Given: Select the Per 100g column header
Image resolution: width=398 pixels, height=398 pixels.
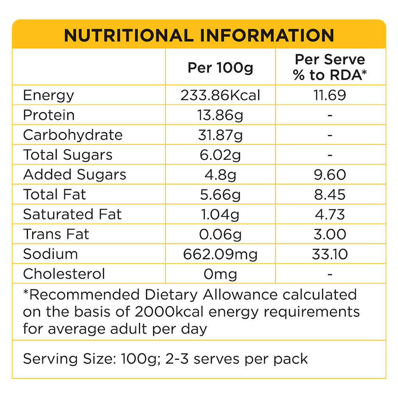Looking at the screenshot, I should (220, 68).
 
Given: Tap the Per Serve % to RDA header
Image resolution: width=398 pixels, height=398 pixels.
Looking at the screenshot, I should (330, 67).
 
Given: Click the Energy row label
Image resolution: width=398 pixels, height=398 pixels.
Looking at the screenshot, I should (48, 95).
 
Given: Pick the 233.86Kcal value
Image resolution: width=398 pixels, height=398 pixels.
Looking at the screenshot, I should (220, 95).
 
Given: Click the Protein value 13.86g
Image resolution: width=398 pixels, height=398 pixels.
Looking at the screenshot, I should (220, 115).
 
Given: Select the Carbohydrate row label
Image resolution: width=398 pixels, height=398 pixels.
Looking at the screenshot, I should (72, 135).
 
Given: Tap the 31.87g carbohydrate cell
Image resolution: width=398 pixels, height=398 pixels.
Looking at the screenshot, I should (220, 135).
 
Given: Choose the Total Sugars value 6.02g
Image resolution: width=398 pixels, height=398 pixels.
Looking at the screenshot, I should (220, 155).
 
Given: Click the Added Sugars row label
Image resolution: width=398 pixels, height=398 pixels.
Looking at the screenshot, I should (75, 174).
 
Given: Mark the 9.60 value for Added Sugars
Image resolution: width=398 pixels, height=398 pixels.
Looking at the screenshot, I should (330, 174).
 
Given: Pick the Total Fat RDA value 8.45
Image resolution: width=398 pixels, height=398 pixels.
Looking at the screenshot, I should (330, 194).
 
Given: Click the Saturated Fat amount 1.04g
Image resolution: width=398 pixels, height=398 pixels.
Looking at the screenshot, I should (220, 214).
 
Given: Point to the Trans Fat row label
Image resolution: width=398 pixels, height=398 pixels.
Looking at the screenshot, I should (56, 234).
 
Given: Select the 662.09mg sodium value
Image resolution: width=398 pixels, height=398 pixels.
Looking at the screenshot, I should (220, 254).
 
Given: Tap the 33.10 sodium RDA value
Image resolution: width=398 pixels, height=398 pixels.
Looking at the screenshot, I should (330, 254).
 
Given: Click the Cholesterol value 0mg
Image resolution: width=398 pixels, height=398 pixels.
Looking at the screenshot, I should (220, 274).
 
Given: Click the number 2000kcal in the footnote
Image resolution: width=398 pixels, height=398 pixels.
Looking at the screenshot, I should (160, 312).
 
